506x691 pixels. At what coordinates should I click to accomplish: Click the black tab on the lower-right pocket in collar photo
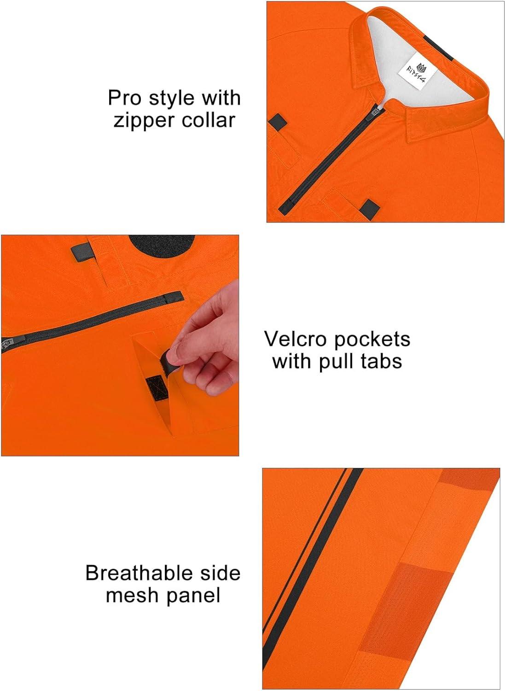(x=370, y=209)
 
